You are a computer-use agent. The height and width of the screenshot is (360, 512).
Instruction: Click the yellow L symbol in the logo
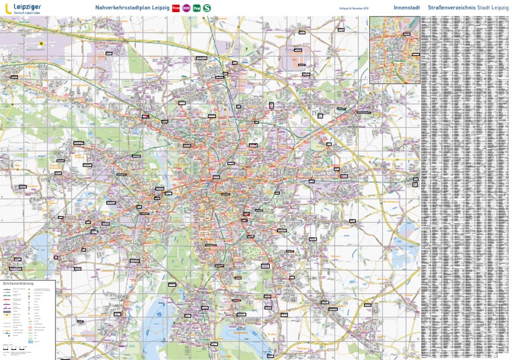(7, 8)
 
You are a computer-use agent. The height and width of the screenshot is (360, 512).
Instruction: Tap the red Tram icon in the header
(175, 8)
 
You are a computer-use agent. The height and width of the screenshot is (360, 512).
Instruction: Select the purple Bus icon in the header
(186, 8)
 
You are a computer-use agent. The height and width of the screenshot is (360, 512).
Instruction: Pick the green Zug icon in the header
(196, 8)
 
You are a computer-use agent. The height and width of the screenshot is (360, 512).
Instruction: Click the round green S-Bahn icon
(207, 8)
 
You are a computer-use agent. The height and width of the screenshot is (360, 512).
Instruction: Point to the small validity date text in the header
(354, 8)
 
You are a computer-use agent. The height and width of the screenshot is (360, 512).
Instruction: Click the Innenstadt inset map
(395, 49)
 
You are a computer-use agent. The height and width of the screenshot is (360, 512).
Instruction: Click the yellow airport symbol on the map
(41, 45)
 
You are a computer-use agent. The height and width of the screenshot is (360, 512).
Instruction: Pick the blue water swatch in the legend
(31, 341)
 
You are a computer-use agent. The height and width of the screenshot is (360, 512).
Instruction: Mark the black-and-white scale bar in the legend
(15, 349)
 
